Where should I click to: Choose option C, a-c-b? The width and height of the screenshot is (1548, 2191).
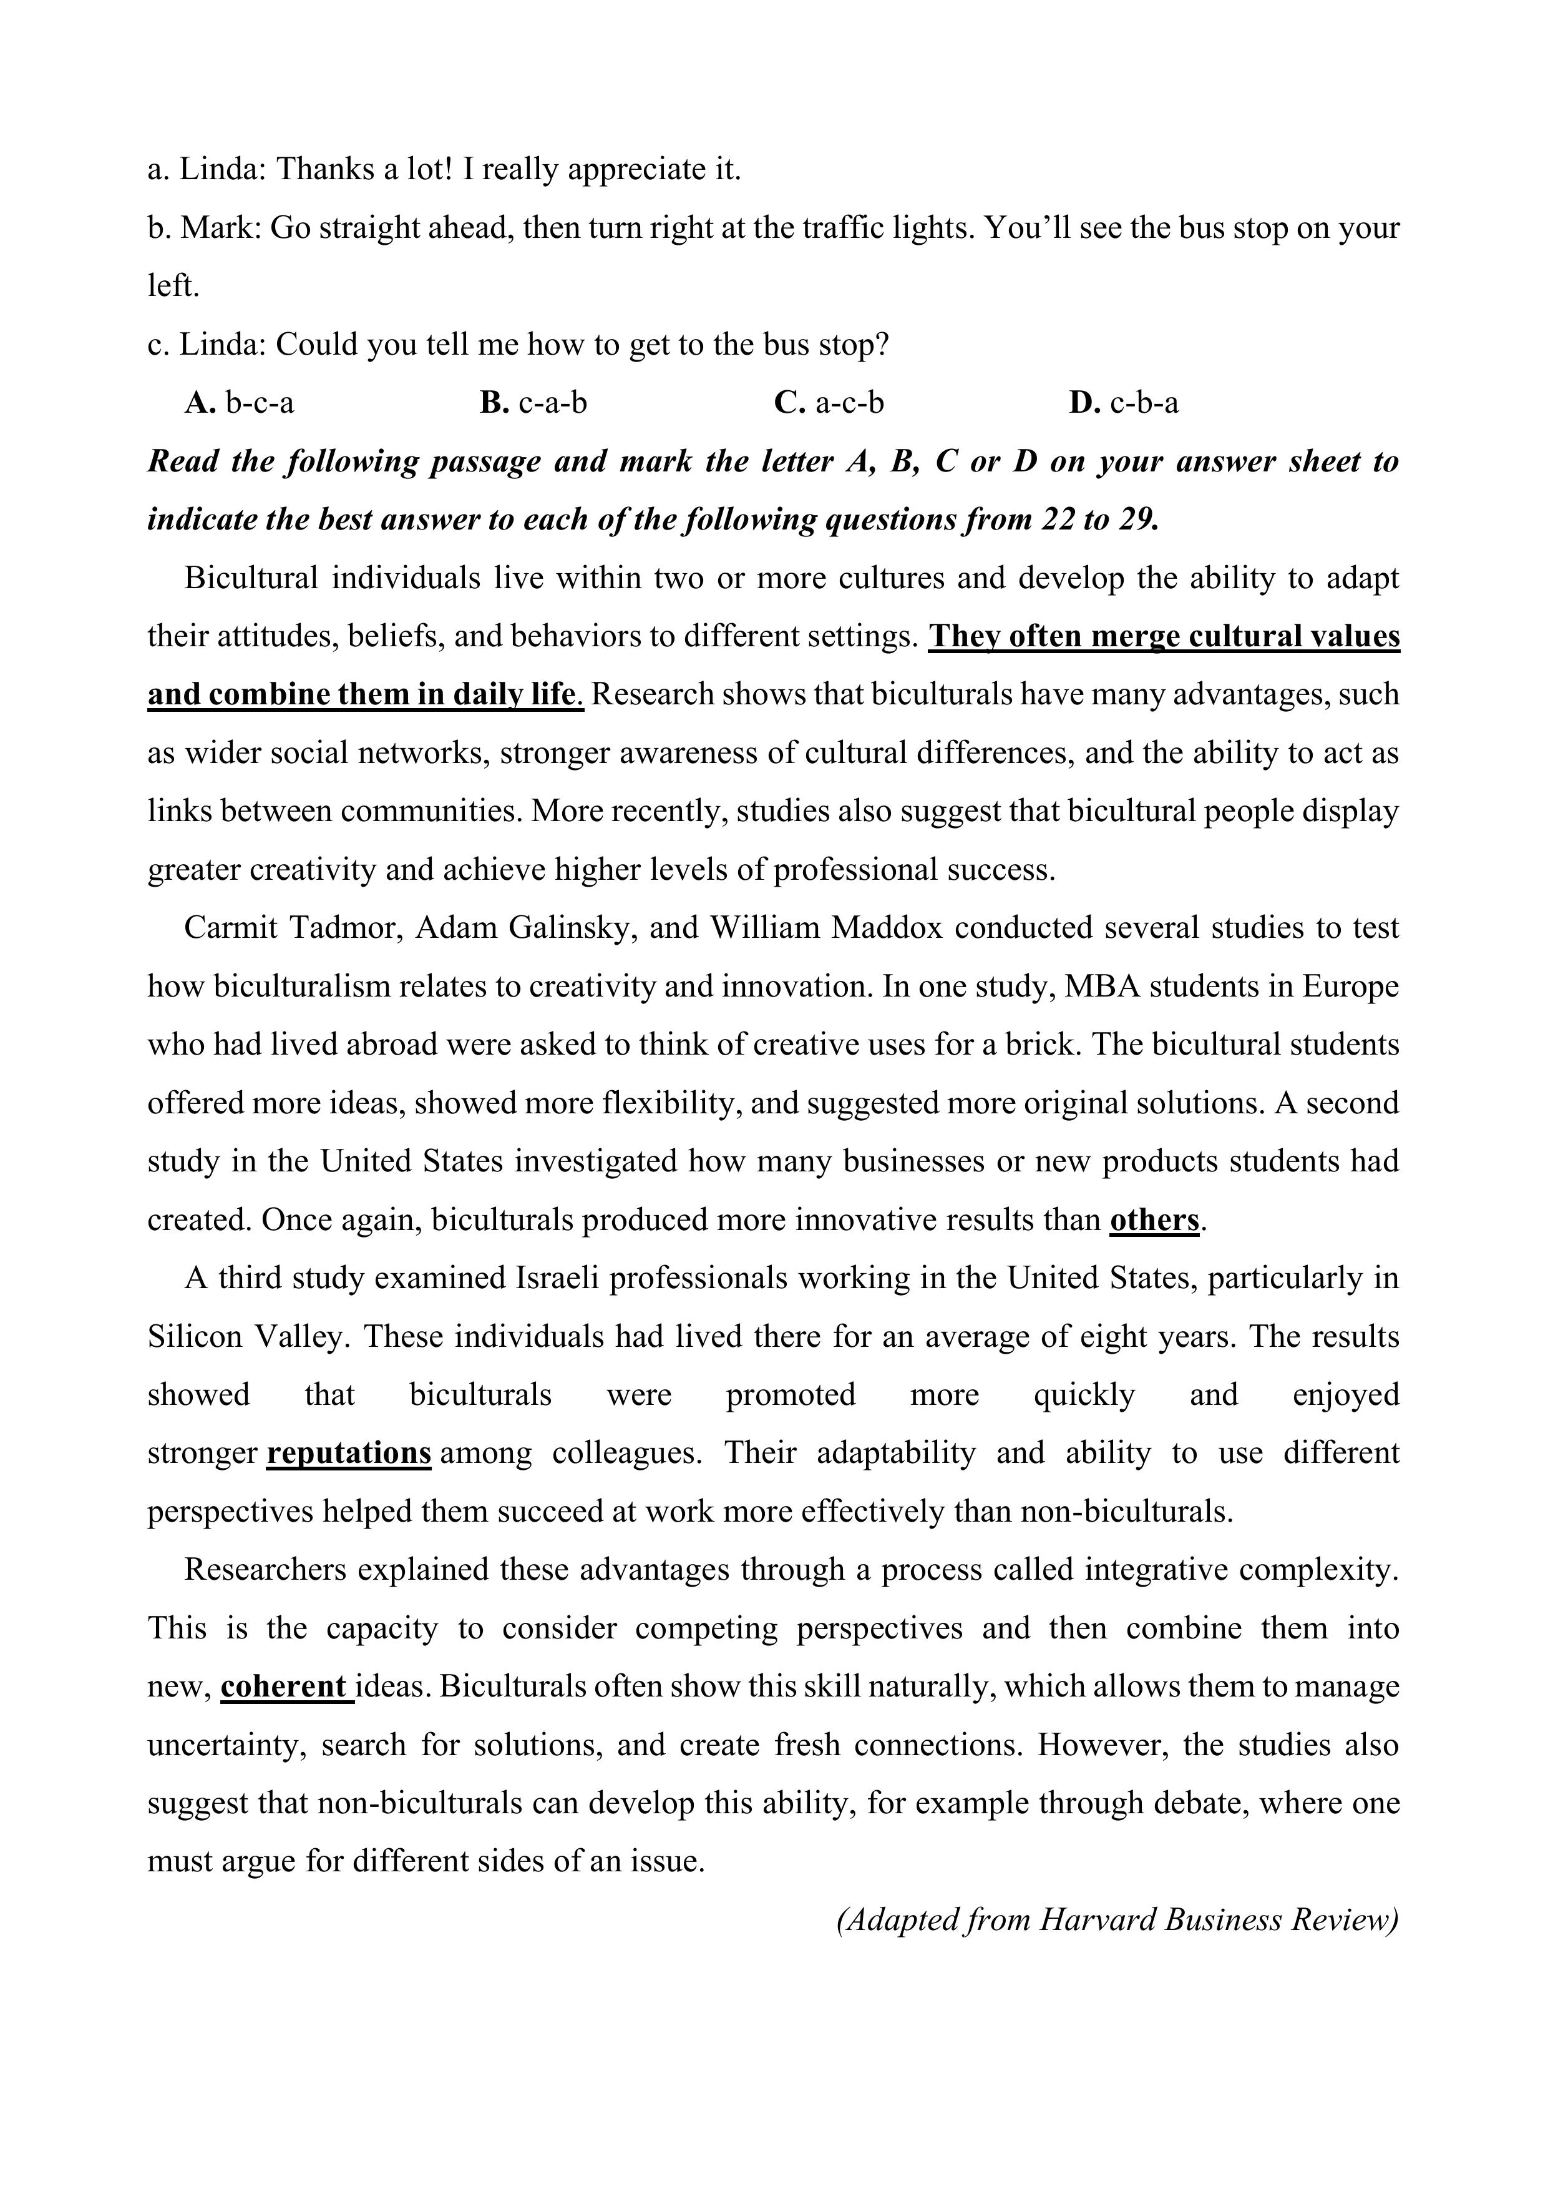[x=829, y=403]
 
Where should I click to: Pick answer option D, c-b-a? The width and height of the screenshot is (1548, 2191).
[x=1124, y=403]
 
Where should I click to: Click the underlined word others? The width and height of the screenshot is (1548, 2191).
[x=1154, y=1219]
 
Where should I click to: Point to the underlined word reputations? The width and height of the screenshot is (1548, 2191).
[x=348, y=1452]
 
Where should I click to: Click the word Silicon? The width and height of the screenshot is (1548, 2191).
[x=195, y=1336]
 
